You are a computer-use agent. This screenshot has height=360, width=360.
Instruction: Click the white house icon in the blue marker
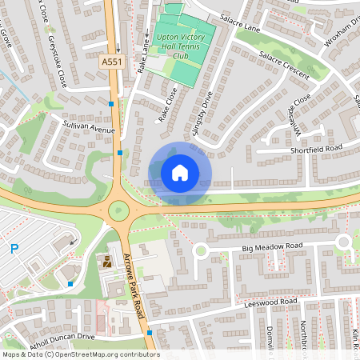[x=180, y=171]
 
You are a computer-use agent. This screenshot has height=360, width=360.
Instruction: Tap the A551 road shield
[x=111, y=61]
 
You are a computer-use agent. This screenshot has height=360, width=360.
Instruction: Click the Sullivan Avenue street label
[x=90, y=126]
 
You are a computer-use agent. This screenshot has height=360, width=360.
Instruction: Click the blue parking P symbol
[x=14, y=249]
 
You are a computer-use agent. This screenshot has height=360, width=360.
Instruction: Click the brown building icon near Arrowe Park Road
[x=106, y=262]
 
